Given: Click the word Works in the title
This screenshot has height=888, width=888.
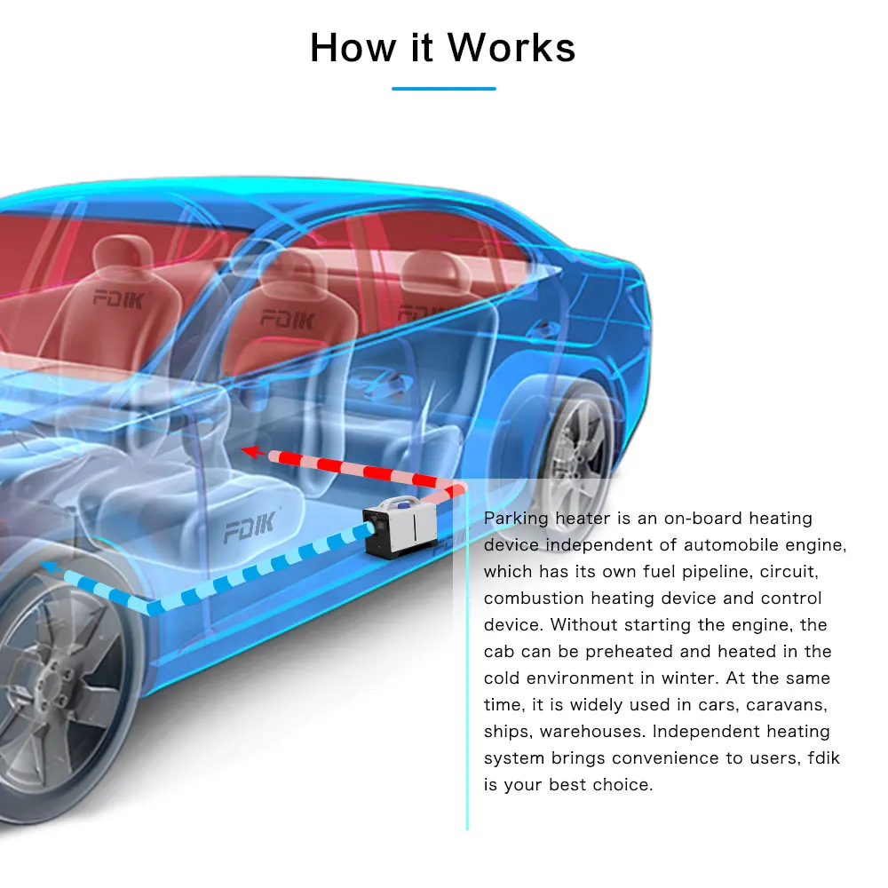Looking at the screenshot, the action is click(x=511, y=47).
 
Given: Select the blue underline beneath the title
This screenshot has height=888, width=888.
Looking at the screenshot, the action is click(x=443, y=89).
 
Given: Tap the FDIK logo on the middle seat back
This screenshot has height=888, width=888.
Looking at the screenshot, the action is click(x=286, y=319).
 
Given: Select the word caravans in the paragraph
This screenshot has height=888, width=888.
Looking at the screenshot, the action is click(x=788, y=705).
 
